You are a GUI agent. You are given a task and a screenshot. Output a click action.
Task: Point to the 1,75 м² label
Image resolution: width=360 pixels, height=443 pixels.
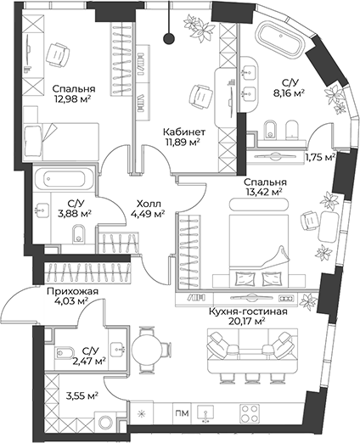pyautogui.click(x=319, y=157)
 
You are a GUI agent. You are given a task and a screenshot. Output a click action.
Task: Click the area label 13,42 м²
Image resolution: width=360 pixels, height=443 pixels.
pyautogui.click(x=264, y=193)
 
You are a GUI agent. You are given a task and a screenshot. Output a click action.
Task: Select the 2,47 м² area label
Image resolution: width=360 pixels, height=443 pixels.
pyautogui.click(x=88, y=362)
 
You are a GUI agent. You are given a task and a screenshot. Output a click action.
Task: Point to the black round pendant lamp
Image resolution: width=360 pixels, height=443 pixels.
pyautogui.click(x=169, y=36)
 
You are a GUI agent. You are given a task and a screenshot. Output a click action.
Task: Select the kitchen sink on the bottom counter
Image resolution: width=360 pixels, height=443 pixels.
pyautogui.click(x=211, y=413)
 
